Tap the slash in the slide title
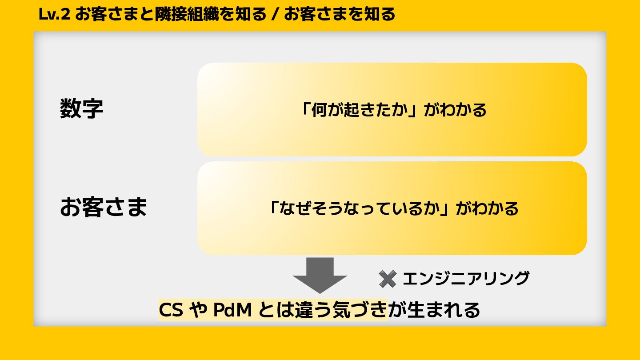point(274,15)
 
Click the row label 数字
point(82,109)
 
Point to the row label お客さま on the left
point(103,208)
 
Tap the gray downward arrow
point(320,275)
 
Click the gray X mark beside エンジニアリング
point(387,279)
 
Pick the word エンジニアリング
point(466,279)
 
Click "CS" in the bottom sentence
point(171,310)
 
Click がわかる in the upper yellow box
point(455,109)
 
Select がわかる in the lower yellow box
point(487,208)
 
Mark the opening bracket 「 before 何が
point(305,109)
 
